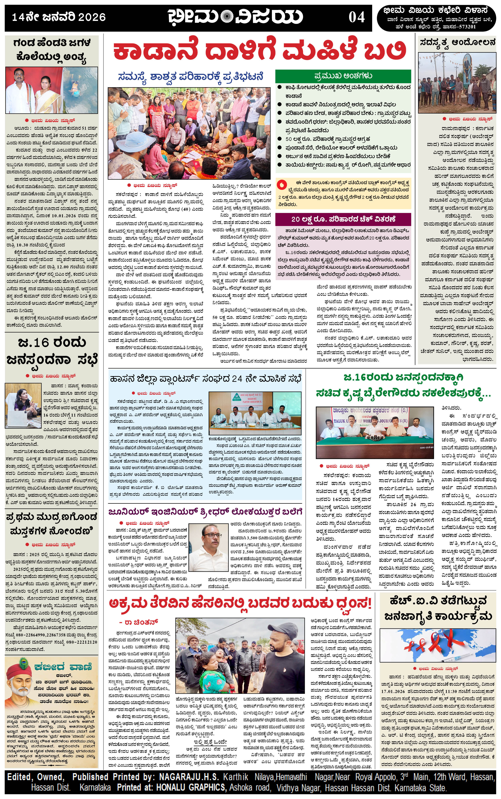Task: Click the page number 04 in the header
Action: coord(356,17)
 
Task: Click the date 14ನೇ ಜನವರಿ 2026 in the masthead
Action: coord(59,17)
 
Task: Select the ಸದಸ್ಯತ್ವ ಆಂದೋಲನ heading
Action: coord(457,42)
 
